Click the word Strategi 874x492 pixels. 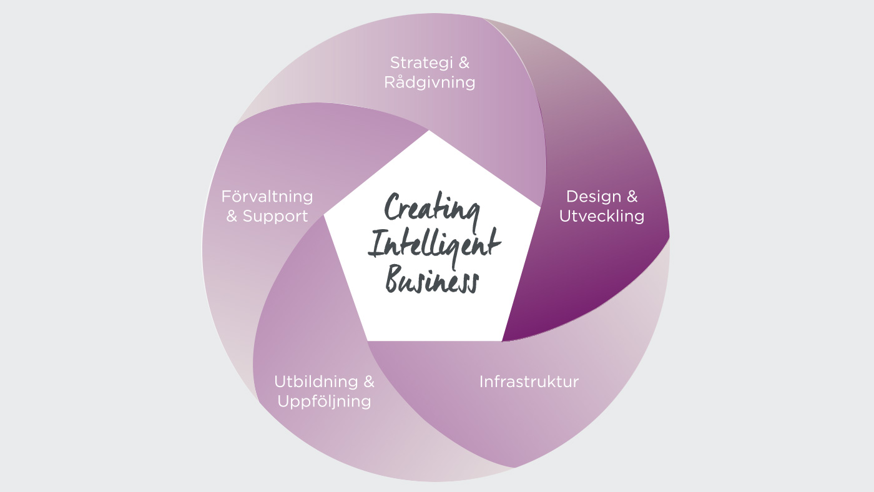[x=421, y=64]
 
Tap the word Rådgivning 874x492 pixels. [x=430, y=82]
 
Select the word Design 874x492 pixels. [x=594, y=196]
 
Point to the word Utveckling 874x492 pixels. [x=602, y=216]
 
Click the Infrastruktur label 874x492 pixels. [x=529, y=381]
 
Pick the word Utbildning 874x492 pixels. [x=316, y=381]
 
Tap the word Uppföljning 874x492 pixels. [x=324, y=401]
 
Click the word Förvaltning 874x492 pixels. [x=267, y=197]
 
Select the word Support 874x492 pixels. [x=275, y=217]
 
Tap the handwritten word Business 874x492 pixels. [x=432, y=280]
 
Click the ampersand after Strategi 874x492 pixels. [x=463, y=63]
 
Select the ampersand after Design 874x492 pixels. [x=632, y=196]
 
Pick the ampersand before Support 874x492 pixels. [x=232, y=216]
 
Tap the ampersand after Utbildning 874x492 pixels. [x=369, y=381]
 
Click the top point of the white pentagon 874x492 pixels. [x=430, y=130]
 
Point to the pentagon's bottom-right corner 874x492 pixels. [x=502, y=341]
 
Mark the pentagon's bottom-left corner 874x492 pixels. [x=368, y=341]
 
